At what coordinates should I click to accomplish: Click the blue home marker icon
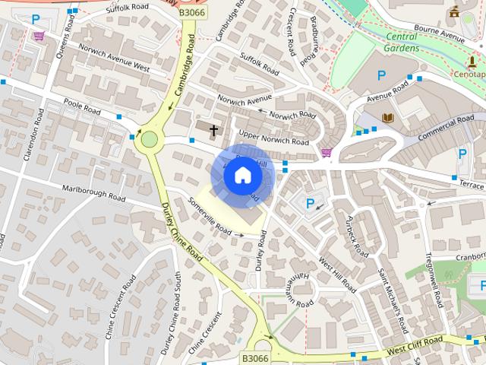(x=242, y=175)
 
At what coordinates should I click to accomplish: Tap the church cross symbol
(x=213, y=130)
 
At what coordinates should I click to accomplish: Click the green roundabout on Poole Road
(x=149, y=139)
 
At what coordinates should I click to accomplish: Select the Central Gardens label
(x=402, y=42)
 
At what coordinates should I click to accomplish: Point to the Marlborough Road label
(x=94, y=192)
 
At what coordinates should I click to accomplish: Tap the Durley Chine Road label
(x=182, y=232)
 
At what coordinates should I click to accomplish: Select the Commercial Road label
(x=446, y=126)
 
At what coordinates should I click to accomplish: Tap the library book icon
(x=388, y=118)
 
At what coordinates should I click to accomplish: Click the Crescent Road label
(x=293, y=32)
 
